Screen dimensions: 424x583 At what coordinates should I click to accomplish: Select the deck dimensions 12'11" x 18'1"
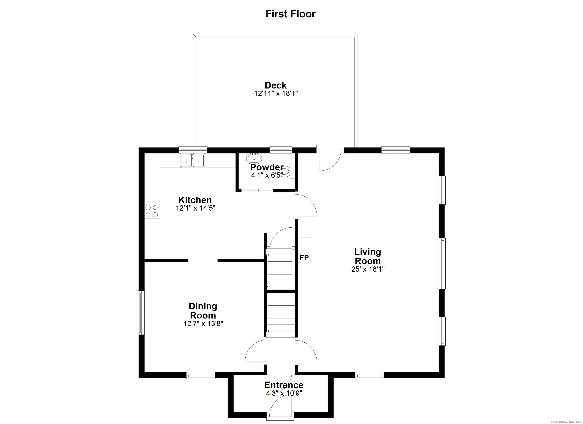click(276, 93)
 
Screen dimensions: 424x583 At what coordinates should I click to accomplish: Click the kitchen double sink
click(192, 161)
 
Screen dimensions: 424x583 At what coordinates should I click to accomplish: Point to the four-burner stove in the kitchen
click(152, 211)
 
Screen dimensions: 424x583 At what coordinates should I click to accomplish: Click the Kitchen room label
click(195, 200)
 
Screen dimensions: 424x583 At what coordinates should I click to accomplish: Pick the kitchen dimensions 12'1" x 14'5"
click(195, 208)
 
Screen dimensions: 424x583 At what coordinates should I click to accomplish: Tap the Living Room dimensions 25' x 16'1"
click(368, 269)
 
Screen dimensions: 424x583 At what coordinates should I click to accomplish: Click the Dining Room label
click(203, 311)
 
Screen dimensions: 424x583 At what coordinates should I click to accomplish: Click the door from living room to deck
click(330, 159)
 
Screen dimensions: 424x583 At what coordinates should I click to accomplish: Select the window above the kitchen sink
click(193, 149)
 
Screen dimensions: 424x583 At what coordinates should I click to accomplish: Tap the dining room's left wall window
click(140, 312)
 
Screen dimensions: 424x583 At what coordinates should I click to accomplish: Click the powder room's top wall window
click(280, 149)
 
